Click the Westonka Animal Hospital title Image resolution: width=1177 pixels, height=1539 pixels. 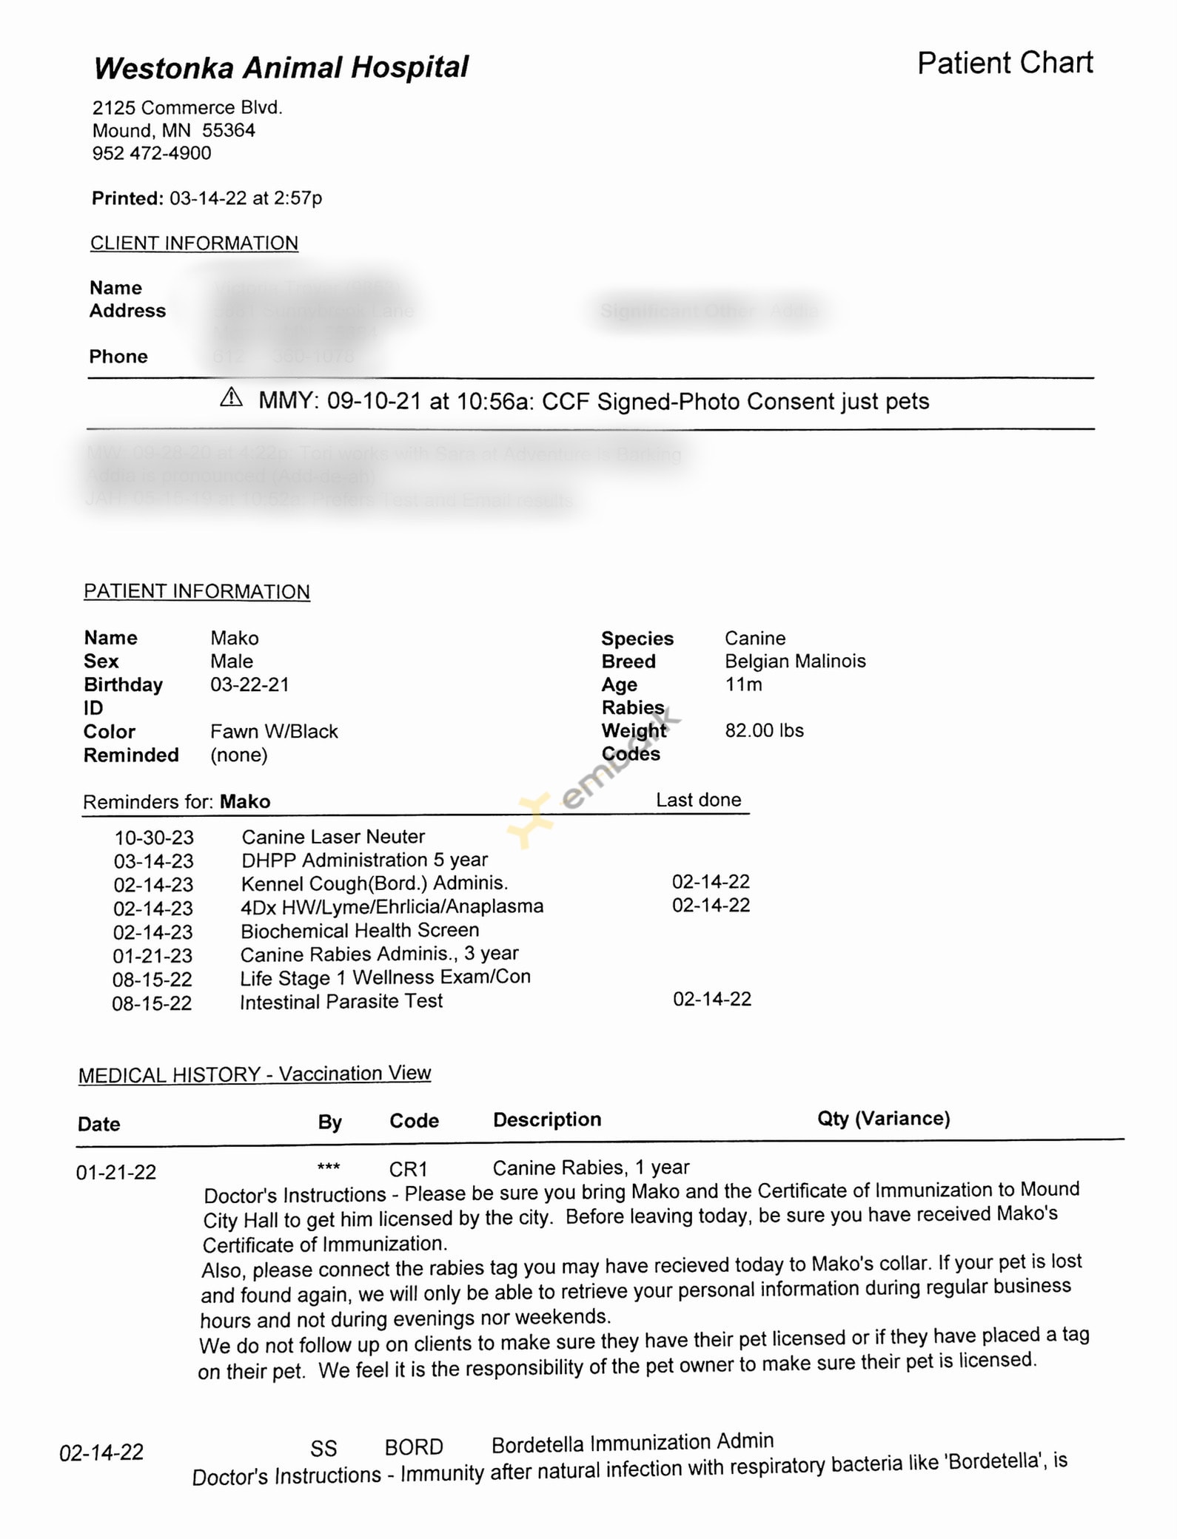(x=281, y=67)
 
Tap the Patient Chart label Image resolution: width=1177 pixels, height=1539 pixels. (x=1005, y=63)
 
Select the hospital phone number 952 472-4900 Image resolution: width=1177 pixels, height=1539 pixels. (x=152, y=153)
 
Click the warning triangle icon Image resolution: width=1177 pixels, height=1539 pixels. (x=232, y=398)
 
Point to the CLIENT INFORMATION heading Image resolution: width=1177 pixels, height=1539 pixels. (x=194, y=243)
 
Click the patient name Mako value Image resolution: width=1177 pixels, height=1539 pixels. (x=235, y=638)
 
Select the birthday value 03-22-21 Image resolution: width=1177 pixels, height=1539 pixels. (x=249, y=684)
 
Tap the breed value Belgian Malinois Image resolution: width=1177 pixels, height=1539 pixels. (x=794, y=661)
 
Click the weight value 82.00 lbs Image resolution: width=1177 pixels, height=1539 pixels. (x=764, y=730)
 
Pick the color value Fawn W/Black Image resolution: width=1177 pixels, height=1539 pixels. (x=274, y=731)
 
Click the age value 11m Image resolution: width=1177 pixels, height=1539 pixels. (x=743, y=684)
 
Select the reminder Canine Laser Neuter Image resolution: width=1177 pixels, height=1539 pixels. (x=333, y=837)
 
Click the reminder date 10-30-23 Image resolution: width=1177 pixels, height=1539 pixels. (x=154, y=838)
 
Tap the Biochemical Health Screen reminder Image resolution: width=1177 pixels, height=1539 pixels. (x=360, y=930)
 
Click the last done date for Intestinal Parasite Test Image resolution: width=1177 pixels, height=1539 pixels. (x=711, y=999)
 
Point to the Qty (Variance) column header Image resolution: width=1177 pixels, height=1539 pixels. (x=883, y=1118)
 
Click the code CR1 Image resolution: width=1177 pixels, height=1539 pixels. (x=409, y=1169)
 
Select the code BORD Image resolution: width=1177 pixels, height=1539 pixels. (x=414, y=1447)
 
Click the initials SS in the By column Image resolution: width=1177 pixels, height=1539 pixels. (x=323, y=1448)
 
